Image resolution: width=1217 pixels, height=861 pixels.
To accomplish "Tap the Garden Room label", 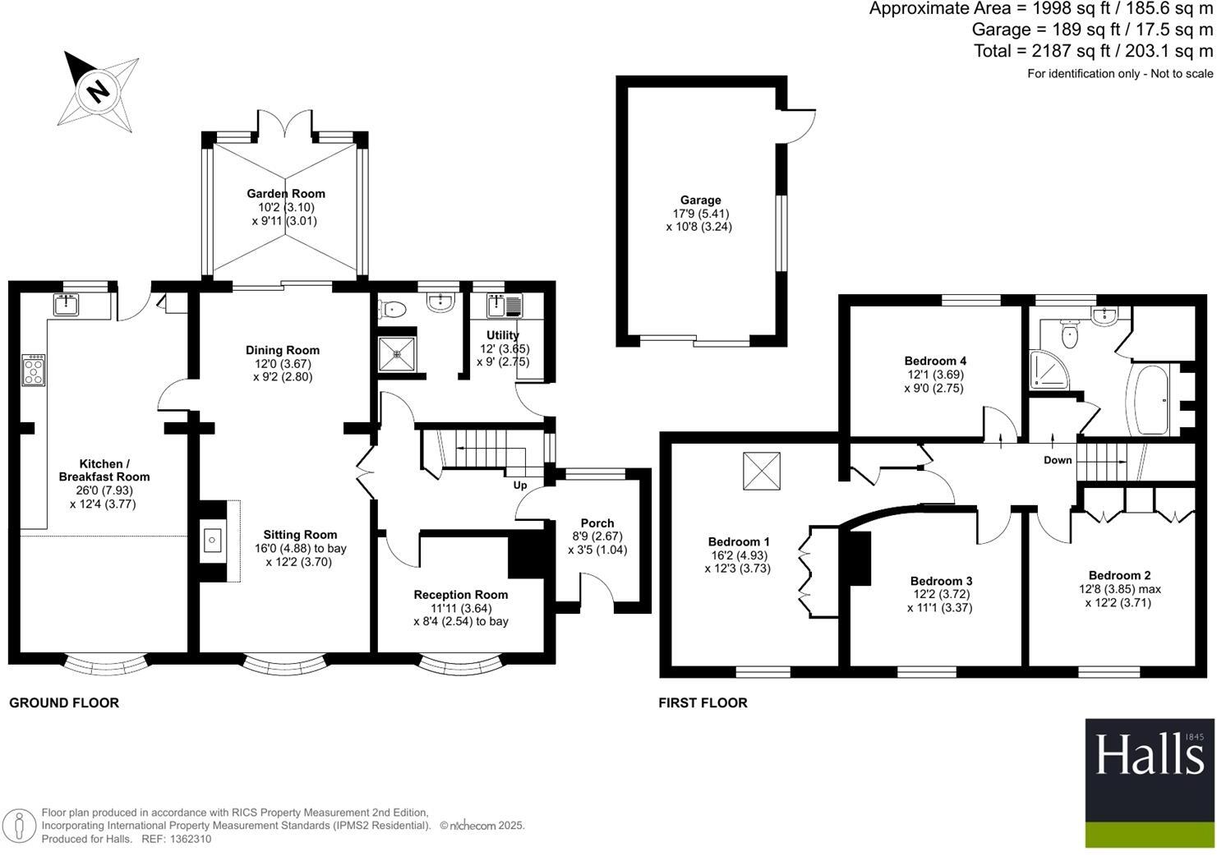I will click(x=286, y=194).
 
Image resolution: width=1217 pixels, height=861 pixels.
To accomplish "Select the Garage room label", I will click(x=700, y=200).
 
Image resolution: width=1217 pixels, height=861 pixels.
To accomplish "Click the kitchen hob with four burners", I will click(x=34, y=371).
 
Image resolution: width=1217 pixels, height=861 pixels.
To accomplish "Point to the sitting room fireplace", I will click(x=213, y=541).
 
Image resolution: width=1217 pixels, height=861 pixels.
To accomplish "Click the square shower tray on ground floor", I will click(x=399, y=354).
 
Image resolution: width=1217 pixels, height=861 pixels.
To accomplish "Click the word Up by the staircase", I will click(x=520, y=486).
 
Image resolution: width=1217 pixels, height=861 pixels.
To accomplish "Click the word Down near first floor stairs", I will click(x=1058, y=460).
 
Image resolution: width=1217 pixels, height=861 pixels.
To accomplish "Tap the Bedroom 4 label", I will click(x=935, y=361).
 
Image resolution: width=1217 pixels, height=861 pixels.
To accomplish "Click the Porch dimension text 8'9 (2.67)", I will click(x=597, y=536).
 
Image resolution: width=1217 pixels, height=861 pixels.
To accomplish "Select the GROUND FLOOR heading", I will click(x=64, y=702).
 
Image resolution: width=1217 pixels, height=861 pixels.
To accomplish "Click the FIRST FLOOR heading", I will click(x=703, y=702).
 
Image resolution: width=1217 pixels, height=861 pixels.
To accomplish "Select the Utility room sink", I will click(x=497, y=306).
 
